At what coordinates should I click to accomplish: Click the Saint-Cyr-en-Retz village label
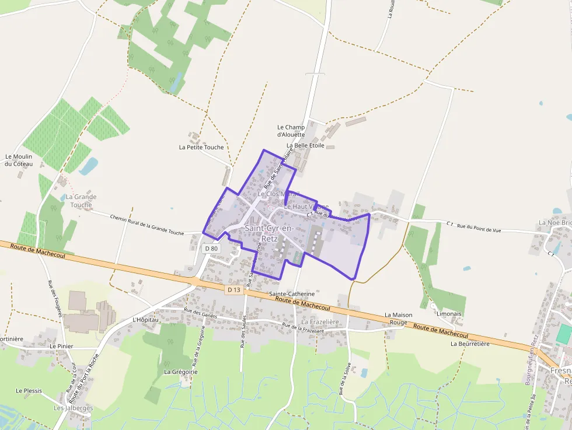click(x=269, y=233)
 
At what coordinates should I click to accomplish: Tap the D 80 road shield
click(x=211, y=248)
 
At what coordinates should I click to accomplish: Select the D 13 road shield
click(x=234, y=289)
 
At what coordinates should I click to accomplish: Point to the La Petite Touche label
click(x=201, y=147)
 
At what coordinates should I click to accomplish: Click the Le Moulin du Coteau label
click(x=18, y=160)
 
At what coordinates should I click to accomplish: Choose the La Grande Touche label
click(x=81, y=201)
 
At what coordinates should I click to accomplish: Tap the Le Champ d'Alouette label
click(x=291, y=131)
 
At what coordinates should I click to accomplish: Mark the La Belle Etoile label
click(x=305, y=145)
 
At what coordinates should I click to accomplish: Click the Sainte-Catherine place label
click(x=292, y=294)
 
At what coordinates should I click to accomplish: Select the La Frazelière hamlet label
click(x=320, y=322)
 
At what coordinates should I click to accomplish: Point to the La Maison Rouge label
click(x=399, y=318)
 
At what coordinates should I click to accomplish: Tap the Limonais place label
click(x=448, y=313)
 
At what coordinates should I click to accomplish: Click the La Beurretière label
click(x=470, y=344)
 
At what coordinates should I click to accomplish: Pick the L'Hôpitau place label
click(x=146, y=320)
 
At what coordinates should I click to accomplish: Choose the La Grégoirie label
click(x=181, y=371)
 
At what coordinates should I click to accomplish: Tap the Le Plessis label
click(x=29, y=390)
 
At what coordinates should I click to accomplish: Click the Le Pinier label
click(x=61, y=346)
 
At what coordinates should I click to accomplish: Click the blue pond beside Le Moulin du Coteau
click(x=89, y=167)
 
